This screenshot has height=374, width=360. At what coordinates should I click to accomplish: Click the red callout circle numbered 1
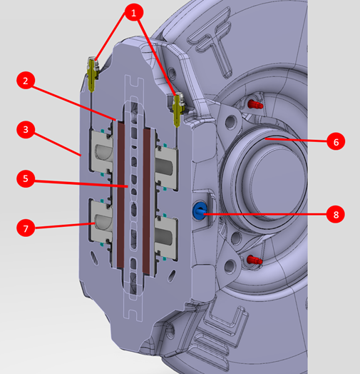point(133,12)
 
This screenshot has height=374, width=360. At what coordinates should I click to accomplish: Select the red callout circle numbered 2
point(26,81)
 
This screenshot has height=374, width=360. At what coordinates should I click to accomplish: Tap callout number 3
point(26,129)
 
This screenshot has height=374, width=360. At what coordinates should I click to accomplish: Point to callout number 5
point(26,178)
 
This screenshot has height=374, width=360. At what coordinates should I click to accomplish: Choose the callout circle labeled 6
point(336,142)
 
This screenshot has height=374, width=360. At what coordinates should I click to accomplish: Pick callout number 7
point(26,228)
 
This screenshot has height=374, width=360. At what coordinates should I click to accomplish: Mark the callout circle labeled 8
point(336,214)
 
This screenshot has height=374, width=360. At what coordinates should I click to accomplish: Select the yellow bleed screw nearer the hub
point(178,109)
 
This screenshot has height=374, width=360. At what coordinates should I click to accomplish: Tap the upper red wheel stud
point(255,104)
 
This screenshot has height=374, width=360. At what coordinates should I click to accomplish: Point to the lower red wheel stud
point(254,260)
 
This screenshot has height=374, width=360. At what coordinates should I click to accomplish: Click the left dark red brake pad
point(120,194)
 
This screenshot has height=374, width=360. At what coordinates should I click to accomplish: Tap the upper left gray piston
point(101,151)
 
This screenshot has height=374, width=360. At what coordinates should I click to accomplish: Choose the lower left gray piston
point(101,221)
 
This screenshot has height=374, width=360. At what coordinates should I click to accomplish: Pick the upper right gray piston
point(166,166)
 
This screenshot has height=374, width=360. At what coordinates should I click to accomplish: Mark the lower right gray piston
point(166,238)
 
